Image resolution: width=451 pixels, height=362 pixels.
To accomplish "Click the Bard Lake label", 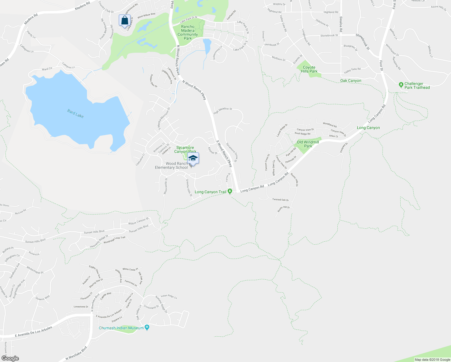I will pyautogui.click(x=75, y=114).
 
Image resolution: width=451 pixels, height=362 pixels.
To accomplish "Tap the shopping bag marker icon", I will pyautogui.click(x=125, y=21).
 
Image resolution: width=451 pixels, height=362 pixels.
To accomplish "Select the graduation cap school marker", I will pyautogui.click(x=193, y=158).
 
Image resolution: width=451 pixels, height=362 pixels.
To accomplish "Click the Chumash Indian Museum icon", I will pyautogui.click(x=147, y=328).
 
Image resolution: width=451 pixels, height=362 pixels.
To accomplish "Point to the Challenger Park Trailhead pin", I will pyautogui.click(x=401, y=85).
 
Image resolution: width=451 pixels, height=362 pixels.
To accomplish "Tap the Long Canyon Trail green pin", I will pyautogui.click(x=230, y=191).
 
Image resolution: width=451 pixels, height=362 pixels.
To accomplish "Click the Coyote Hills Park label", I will pyautogui.click(x=309, y=69).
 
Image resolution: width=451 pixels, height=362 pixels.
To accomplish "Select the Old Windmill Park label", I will pyautogui.click(x=308, y=144).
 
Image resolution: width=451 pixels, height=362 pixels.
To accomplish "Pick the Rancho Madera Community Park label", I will pyautogui.click(x=188, y=33).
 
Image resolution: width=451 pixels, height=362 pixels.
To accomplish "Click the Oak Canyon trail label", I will pyautogui.click(x=351, y=81).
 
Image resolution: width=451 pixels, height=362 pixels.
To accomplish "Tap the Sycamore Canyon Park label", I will pyautogui.click(x=185, y=150).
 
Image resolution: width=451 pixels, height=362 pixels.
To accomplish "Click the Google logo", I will pyautogui.click(x=10, y=358).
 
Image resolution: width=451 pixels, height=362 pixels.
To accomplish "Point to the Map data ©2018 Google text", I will pyautogui.click(x=432, y=360).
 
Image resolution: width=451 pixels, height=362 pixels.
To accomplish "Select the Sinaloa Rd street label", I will pyautogui.click(x=341, y=24).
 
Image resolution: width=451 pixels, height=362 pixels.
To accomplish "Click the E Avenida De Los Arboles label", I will pyautogui.click(x=33, y=332).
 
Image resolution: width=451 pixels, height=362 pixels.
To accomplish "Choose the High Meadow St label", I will pyautogui.click(x=222, y=111).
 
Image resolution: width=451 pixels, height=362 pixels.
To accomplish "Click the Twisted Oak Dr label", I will pyautogui.click(x=280, y=200).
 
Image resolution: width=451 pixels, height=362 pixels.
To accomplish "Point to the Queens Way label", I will pyautogui.click(x=43, y=298).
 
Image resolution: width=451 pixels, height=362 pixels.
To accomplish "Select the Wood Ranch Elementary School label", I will pyautogui.click(x=171, y=166).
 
